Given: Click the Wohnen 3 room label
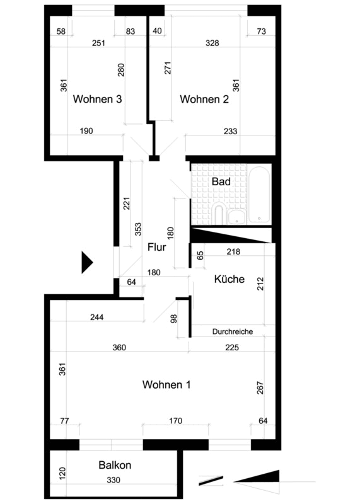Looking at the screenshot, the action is (x=97, y=99).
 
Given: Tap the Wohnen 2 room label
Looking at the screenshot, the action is (x=204, y=99).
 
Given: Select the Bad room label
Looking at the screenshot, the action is (x=221, y=181).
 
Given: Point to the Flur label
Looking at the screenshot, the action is (x=157, y=247).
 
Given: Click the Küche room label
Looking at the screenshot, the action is (x=229, y=278).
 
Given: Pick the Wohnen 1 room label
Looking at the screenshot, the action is (x=166, y=384).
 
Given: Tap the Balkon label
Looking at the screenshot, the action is (x=115, y=465).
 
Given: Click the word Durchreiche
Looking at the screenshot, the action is (x=232, y=331).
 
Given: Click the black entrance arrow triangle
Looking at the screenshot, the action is (x=87, y=262).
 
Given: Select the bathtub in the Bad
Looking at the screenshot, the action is (x=259, y=195).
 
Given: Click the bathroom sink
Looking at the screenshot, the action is (x=237, y=217).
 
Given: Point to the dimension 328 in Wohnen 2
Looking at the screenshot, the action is (x=212, y=43).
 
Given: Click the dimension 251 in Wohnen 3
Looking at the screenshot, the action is (x=98, y=43).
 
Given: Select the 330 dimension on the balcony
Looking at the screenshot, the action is (x=113, y=480).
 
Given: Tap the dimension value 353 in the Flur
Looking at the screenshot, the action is (x=138, y=229).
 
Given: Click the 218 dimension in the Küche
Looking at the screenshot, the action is (x=233, y=251).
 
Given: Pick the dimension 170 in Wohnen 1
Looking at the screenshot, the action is (x=176, y=421).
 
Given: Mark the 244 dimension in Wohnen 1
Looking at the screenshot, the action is (x=97, y=318).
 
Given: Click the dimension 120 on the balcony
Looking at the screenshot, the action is (x=62, y=474).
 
